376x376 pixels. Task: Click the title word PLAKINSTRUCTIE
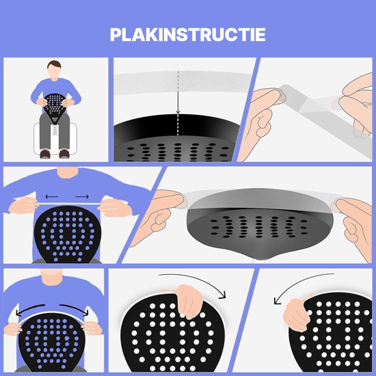tap(188, 35)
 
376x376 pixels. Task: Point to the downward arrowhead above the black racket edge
tap(178, 111)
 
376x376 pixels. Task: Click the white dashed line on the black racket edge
tap(178, 124)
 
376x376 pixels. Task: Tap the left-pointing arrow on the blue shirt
tap(52, 197)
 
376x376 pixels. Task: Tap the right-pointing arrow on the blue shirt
tap(82, 197)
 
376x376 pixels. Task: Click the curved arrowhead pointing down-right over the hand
tap(223, 295)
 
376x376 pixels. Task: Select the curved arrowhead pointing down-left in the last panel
tap(277, 301)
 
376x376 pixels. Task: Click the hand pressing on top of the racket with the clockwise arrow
tap(187, 299)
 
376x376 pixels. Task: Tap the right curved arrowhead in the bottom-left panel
tap(85, 312)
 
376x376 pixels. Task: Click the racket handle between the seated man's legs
tap(55, 129)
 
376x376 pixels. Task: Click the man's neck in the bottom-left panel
tap(51, 276)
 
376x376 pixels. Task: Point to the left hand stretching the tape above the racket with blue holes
tap(23, 206)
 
